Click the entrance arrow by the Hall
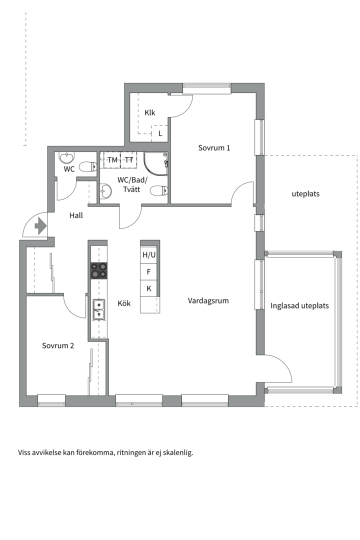[x=40, y=225]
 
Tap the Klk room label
[x=150, y=112]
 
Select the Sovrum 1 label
[x=214, y=147]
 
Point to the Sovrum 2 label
[x=58, y=345]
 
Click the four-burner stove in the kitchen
[x=99, y=270]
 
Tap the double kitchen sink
[x=98, y=309]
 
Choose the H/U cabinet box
[x=149, y=255]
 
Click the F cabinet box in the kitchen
[x=149, y=271]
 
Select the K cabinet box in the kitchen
[x=149, y=288]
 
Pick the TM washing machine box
[x=112, y=160]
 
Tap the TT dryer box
[x=129, y=160]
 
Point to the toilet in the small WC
[x=87, y=167]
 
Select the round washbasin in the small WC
[x=66, y=157]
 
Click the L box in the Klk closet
[x=160, y=133]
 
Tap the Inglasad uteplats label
[x=299, y=306]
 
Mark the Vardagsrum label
[x=208, y=300]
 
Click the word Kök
[x=124, y=303]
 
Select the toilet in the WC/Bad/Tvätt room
[x=159, y=190]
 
